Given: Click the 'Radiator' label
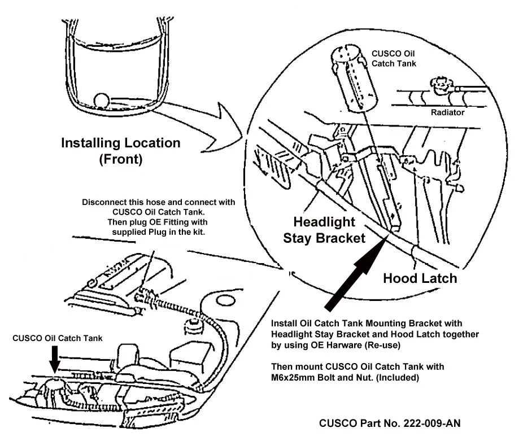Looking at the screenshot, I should click(448, 112).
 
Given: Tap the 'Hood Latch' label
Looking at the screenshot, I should click(420, 278).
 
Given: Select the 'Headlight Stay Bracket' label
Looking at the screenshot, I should click(324, 230).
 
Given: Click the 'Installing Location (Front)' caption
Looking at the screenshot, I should click(121, 151).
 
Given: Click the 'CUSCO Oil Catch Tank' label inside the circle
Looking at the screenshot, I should click(394, 59).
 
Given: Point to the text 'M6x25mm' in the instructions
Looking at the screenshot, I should click(296, 377).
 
